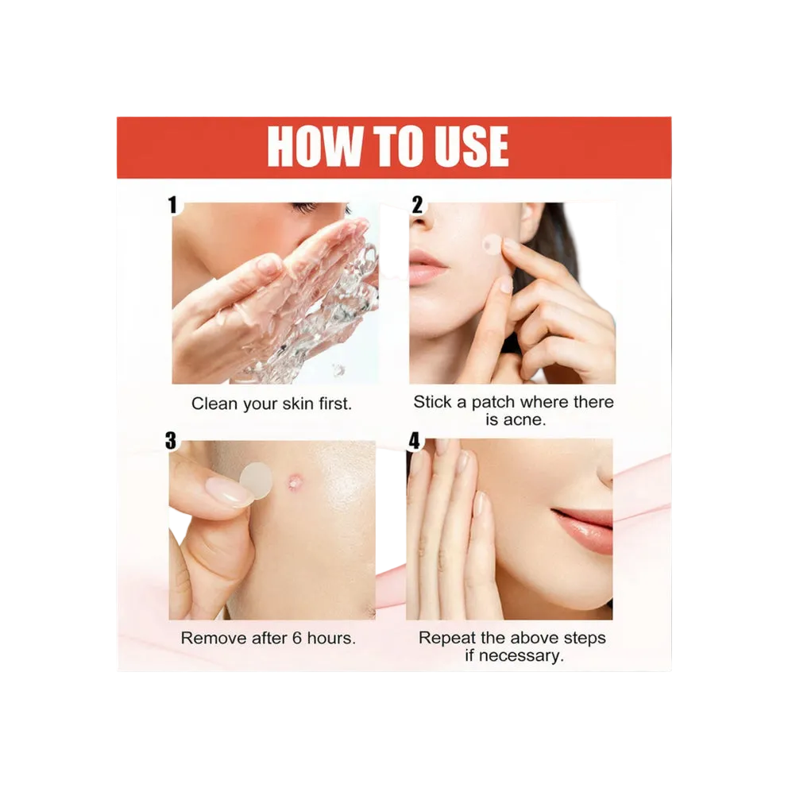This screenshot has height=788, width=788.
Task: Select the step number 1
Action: [172, 206]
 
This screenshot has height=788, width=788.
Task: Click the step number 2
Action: [418, 205]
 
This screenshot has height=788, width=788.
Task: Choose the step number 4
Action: [415, 440]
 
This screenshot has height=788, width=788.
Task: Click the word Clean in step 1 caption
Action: [214, 404]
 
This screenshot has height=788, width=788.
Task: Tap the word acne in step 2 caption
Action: [524, 419]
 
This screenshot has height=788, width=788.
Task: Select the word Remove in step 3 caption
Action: [209, 638]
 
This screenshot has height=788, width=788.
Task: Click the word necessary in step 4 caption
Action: [523, 656]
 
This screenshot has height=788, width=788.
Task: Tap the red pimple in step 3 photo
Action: [296, 480]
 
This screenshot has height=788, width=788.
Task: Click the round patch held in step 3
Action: [255, 480]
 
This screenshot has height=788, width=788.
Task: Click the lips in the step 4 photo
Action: [585, 527]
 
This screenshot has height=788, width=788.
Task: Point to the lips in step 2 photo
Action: [427, 266]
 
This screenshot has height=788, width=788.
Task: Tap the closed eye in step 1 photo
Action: [306, 208]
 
